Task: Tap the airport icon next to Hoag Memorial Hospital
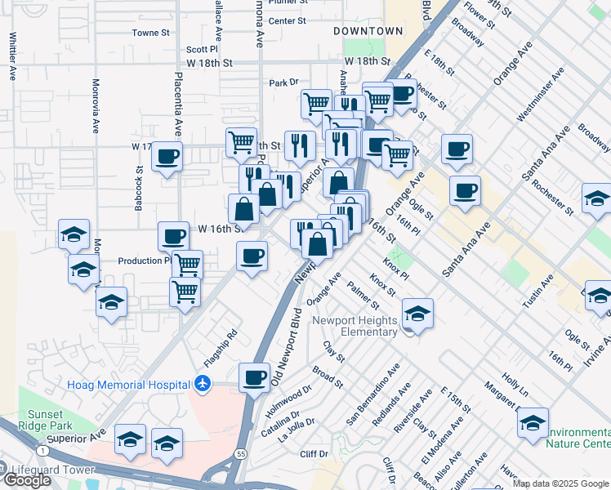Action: point(203,384)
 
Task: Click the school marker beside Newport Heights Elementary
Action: point(417,314)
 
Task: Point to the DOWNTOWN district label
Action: point(368,31)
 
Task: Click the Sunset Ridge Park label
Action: point(45,419)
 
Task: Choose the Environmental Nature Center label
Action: point(578,438)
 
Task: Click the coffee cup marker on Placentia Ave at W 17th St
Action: point(167,156)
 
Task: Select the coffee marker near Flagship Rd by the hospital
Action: point(253,377)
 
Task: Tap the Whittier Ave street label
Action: point(13,56)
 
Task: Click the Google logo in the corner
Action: point(26,480)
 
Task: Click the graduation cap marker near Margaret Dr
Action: point(533,423)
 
